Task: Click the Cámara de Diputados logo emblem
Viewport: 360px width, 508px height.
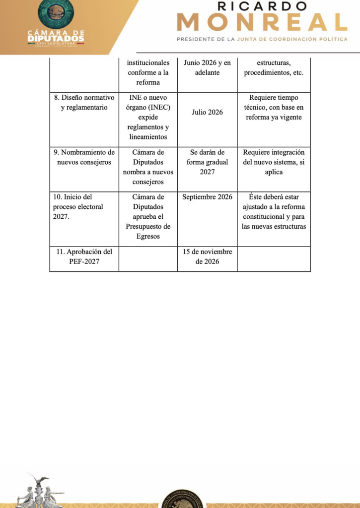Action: (56, 13)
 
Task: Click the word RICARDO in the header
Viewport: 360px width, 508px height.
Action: (263, 6)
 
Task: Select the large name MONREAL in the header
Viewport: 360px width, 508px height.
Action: (262, 22)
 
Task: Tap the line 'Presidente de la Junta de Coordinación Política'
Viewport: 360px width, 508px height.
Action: (262, 39)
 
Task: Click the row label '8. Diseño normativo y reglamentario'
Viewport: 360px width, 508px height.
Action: (84, 103)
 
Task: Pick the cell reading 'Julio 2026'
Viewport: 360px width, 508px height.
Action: (207, 112)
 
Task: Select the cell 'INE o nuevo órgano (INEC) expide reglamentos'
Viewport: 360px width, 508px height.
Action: (148, 117)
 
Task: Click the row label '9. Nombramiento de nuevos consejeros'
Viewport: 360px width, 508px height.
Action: (84, 157)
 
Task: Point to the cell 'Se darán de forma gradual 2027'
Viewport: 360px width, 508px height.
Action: (207, 162)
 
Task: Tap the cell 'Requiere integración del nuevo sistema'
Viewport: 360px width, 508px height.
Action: (274, 162)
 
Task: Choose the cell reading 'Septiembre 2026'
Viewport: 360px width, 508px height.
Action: (207, 197)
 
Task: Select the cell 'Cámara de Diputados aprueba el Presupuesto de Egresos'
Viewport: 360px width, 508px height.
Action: (148, 217)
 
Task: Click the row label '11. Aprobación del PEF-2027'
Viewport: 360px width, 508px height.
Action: (84, 256)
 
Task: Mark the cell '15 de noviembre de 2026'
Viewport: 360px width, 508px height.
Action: (207, 256)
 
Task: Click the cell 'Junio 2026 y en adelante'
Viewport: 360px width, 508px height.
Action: (207, 68)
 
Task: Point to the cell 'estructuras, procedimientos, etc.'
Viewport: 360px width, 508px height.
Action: (274, 68)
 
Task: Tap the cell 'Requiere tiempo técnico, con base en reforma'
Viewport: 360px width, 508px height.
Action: (274, 108)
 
